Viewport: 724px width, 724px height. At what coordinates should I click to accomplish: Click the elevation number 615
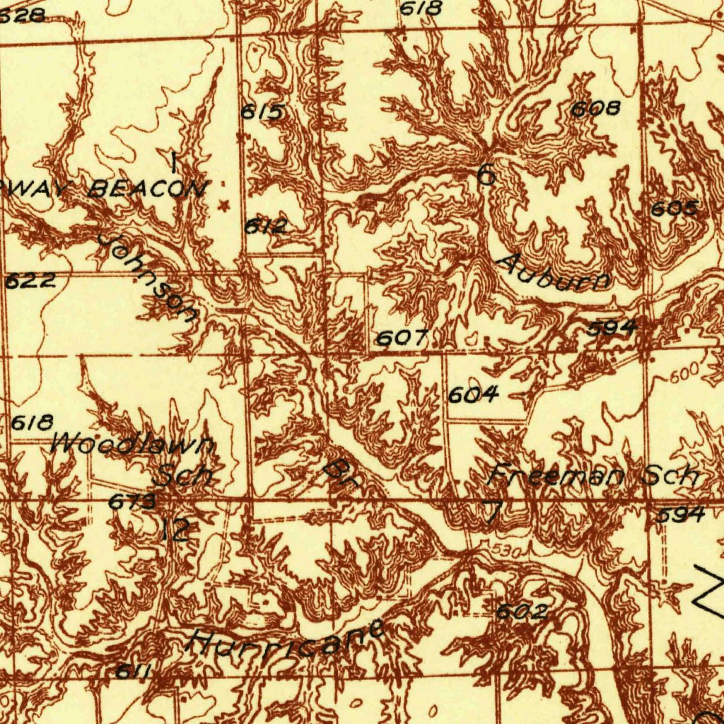point(263,112)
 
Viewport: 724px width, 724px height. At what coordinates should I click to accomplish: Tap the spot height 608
point(596,108)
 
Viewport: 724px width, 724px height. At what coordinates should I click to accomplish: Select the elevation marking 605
point(675,209)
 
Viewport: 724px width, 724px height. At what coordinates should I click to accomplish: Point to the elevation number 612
point(267,226)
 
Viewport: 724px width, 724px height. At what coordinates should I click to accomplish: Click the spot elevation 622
point(30,281)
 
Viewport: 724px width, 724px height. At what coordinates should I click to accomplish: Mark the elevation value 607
point(401,339)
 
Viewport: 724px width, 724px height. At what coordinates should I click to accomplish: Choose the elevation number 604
point(473,395)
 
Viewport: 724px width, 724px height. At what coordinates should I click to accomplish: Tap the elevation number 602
point(521,612)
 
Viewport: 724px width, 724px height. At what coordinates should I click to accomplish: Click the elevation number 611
point(132,672)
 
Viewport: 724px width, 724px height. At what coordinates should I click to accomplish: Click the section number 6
point(486,174)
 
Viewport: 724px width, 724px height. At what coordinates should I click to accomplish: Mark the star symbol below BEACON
point(226,206)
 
